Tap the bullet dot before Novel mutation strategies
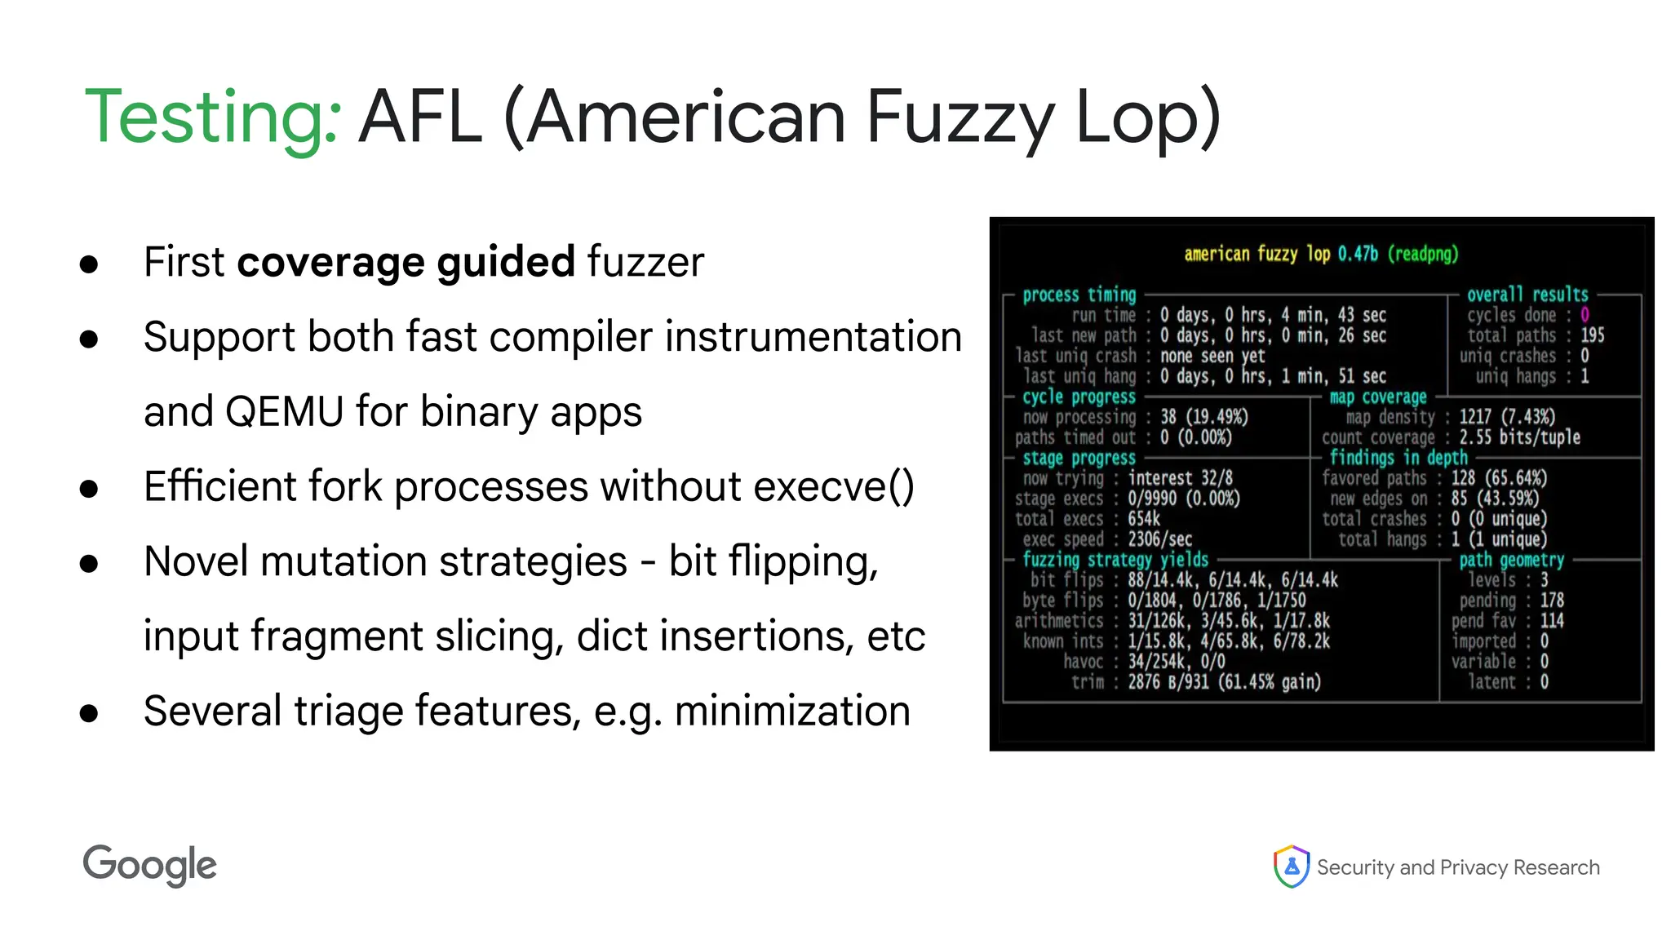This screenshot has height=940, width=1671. click(x=89, y=564)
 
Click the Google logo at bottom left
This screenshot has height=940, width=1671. click(x=149, y=865)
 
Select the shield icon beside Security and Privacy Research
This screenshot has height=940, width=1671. click(x=1291, y=867)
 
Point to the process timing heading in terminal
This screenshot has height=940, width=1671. click(x=1079, y=295)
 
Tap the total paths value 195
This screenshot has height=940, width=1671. click(x=1592, y=335)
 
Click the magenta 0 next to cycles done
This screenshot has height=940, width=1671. click(x=1585, y=315)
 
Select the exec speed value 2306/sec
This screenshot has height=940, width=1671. click(x=1159, y=539)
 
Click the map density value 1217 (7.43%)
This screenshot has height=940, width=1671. click(x=1506, y=417)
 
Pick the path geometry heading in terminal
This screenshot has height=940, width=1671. click(x=1511, y=560)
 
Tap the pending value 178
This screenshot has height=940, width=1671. click(x=1552, y=601)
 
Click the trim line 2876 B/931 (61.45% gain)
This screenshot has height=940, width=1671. click(x=1223, y=682)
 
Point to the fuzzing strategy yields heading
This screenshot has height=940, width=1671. click(x=1115, y=560)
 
